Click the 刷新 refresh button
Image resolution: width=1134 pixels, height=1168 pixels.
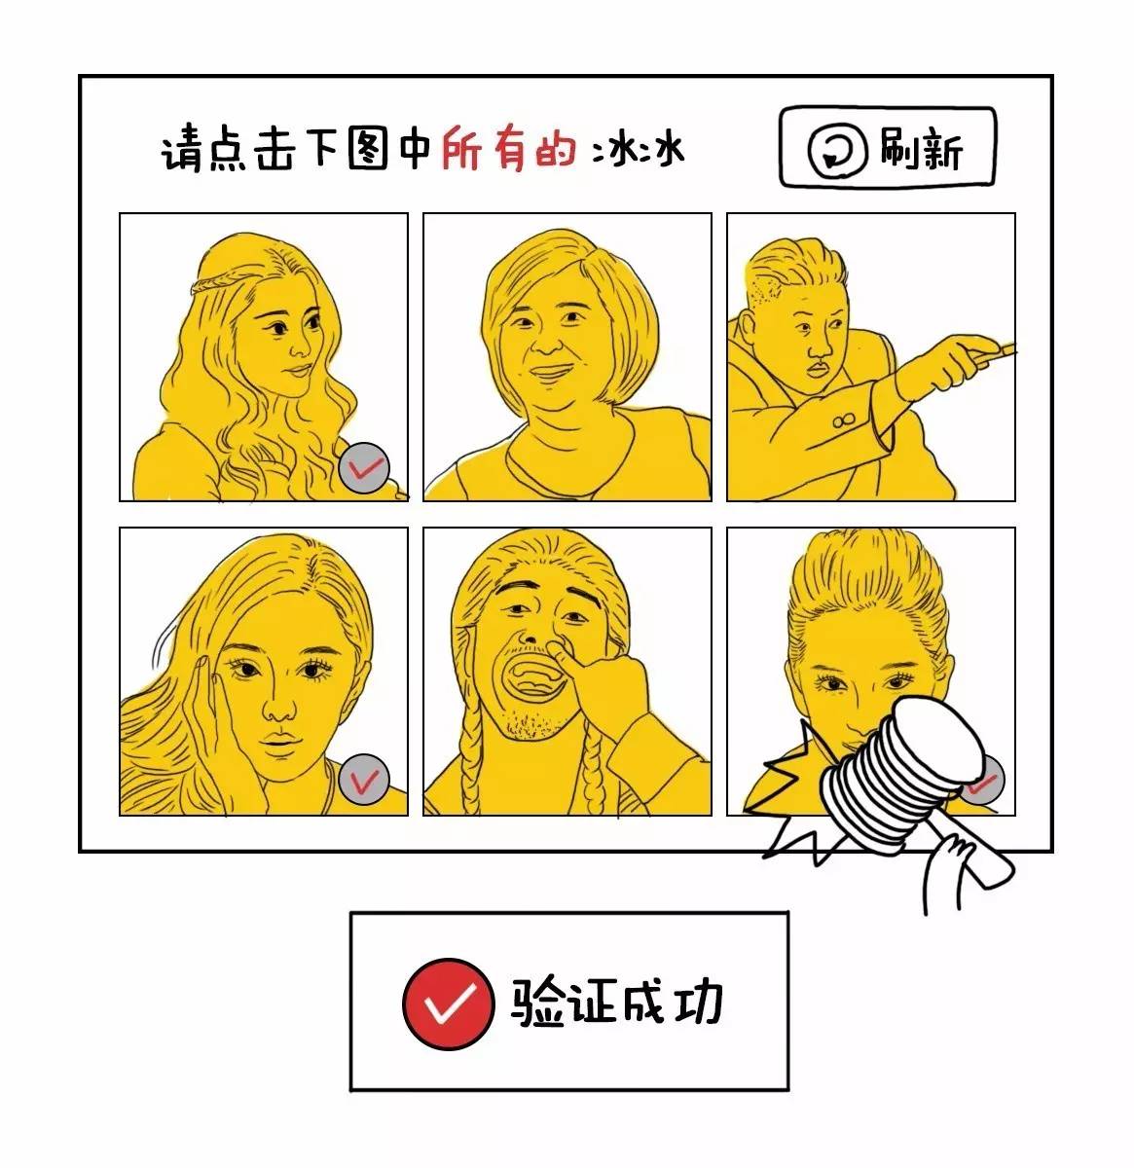(888, 148)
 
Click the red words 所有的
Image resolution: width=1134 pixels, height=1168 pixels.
(509, 152)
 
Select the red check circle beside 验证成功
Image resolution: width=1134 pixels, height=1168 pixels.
(447, 1002)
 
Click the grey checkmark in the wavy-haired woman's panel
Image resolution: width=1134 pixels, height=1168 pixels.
(366, 467)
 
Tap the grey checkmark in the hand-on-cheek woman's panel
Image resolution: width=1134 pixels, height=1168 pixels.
(366, 779)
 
